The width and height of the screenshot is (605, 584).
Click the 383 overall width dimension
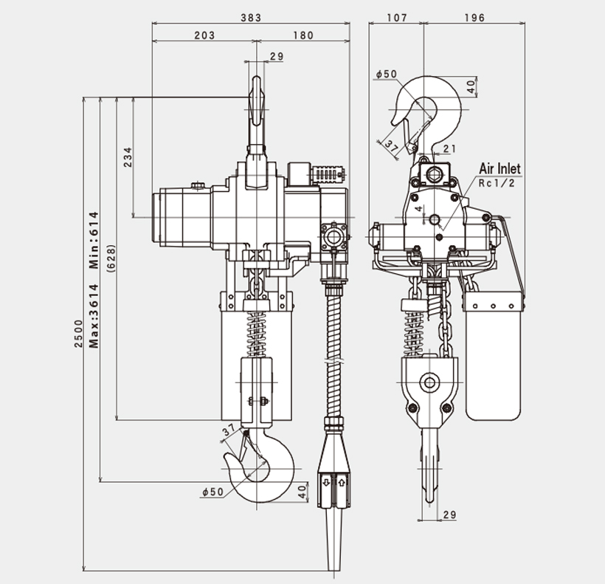(x=251, y=18)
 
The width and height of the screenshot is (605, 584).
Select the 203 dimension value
(x=204, y=35)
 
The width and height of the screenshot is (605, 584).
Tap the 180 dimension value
(x=302, y=35)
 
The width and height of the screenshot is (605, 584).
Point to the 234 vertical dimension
(x=128, y=158)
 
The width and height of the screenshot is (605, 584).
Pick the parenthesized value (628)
(x=110, y=259)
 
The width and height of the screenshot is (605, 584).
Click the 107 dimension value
(x=396, y=18)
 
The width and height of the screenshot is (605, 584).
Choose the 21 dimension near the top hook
(x=450, y=149)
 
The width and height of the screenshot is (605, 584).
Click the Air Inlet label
(x=499, y=168)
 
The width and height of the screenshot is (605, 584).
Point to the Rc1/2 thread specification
(x=496, y=182)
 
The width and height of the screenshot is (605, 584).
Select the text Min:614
(x=94, y=241)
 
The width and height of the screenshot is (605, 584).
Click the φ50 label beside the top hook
(x=386, y=74)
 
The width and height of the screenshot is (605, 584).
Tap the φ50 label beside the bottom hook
(x=212, y=492)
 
